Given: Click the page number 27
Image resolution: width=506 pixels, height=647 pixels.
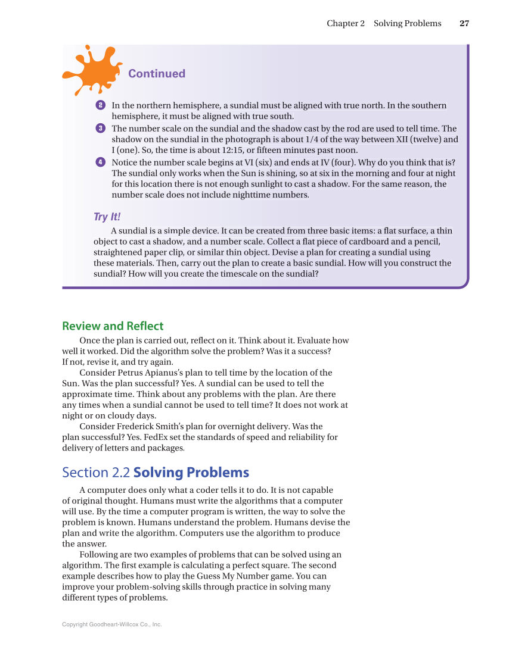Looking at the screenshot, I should [464, 24].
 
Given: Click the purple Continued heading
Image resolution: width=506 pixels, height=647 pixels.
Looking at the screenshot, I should [157, 74].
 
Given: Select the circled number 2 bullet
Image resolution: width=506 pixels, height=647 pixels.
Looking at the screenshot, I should [100, 106].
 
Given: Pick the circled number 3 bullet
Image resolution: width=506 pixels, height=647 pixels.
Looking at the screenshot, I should [100, 129].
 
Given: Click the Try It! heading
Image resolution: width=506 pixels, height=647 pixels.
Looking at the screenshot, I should [107, 217].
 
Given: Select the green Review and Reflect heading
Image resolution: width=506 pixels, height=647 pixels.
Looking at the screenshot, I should [113, 326].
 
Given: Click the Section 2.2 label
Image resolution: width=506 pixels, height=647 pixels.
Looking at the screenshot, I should [96, 473].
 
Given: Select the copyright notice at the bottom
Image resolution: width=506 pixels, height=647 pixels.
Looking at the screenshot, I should [112, 624].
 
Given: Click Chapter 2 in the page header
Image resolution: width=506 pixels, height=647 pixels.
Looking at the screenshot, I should [346, 24].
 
